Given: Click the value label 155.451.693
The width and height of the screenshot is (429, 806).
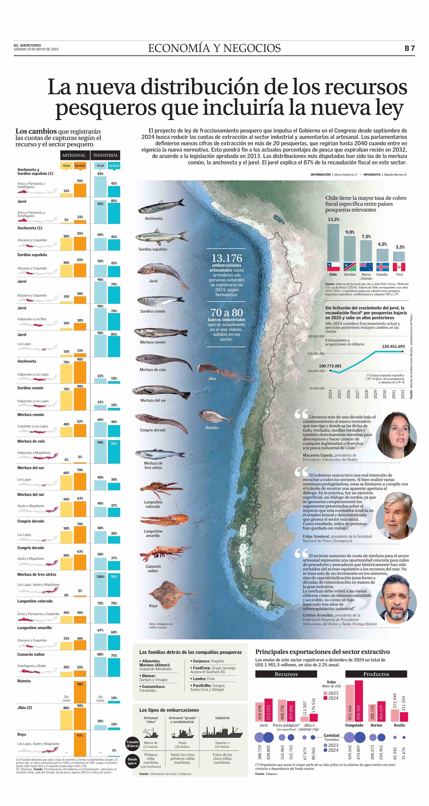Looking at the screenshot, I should pyautogui.click(x=393, y=346).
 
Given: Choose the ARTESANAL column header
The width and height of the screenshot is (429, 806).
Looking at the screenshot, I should pyautogui.click(x=74, y=155).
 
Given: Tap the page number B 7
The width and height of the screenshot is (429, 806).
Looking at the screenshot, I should pyautogui.click(x=410, y=48).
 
